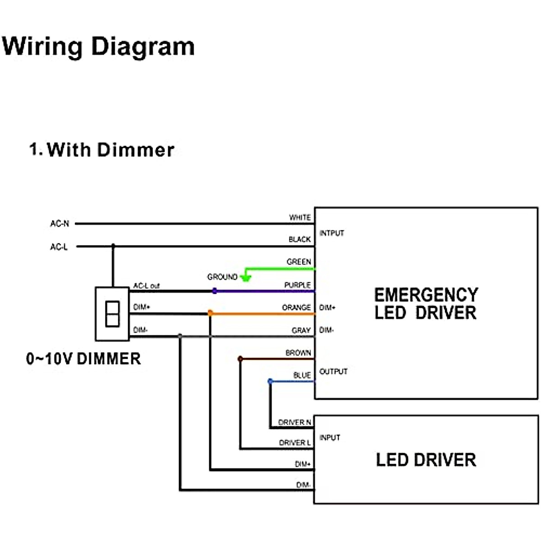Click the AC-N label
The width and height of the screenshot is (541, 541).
coord(60,224)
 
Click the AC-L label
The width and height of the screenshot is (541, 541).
coord(59,247)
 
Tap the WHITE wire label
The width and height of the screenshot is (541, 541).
coord(300,217)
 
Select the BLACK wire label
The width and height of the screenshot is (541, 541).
coord(300,239)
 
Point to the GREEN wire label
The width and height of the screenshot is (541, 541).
coord(298,261)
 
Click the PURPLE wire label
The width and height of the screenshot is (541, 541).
coord(298,285)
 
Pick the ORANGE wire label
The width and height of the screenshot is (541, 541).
coord(296,307)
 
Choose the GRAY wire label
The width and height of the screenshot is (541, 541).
coord(301,330)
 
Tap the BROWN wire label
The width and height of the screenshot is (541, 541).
coord(298,353)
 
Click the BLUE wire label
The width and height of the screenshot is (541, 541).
coord(302,375)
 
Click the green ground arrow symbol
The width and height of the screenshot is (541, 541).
coord(246,276)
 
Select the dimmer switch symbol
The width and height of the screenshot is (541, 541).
coord(112,314)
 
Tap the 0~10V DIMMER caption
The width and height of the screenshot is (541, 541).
coord(83,359)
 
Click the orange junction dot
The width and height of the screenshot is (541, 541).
coord(210,313)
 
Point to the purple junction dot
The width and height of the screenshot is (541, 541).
coord(215,291)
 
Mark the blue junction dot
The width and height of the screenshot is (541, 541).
coord(270,381)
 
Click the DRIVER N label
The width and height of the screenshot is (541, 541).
coord(294,422)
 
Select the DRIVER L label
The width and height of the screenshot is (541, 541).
coord(295,443)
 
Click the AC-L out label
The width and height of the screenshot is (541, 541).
coord(147,286)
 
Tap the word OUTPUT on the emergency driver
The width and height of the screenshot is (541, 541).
coord(334,371)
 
